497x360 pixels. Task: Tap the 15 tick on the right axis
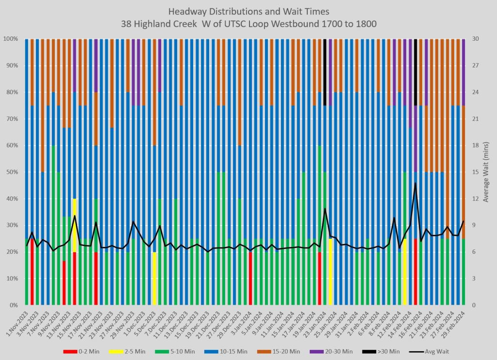pos(475,172)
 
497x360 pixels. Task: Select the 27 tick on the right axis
pos(475,65)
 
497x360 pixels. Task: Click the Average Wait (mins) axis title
pos(486,172)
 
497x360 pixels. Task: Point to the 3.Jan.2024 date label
pos(243,321)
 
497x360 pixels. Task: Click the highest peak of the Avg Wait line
pos(415,183)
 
